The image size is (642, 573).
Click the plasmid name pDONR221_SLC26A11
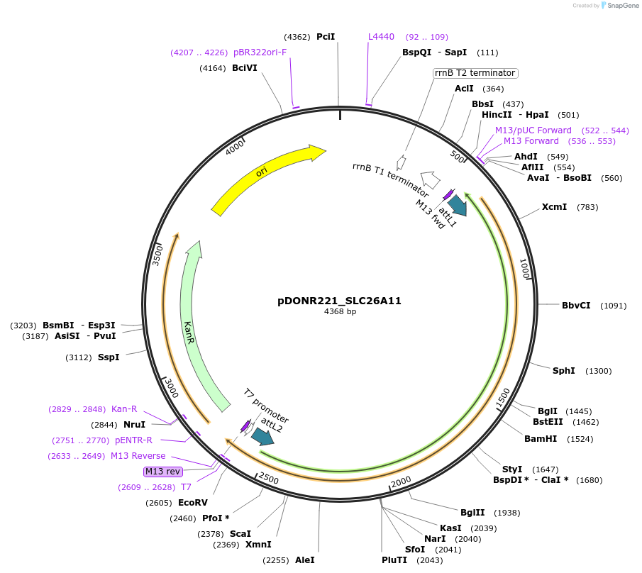(x=339, y=301)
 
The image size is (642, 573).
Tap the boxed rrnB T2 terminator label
(x=475, y=73)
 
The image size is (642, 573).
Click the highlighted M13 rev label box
(x=162, y=471)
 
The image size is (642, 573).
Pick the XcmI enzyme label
(x=554, y=207)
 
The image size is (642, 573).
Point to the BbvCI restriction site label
(x=576, y=306)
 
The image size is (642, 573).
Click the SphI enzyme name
(x=564, y=371)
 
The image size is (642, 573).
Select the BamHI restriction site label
(x=540, y=439)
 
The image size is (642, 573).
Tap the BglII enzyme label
(x=472, y=513)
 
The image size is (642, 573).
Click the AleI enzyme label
(x=305, y=560)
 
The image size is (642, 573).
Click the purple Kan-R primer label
(x=124, y=409)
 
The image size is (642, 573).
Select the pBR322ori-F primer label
(x=260, y=52)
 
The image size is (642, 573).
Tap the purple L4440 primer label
(x=381, y=37)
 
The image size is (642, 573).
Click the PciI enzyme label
(x=326, y=37)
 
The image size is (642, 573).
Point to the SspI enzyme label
(x=109, y=357)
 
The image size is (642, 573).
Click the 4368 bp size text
(x=340, y=312)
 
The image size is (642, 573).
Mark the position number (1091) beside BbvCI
(x=613, y=306)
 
